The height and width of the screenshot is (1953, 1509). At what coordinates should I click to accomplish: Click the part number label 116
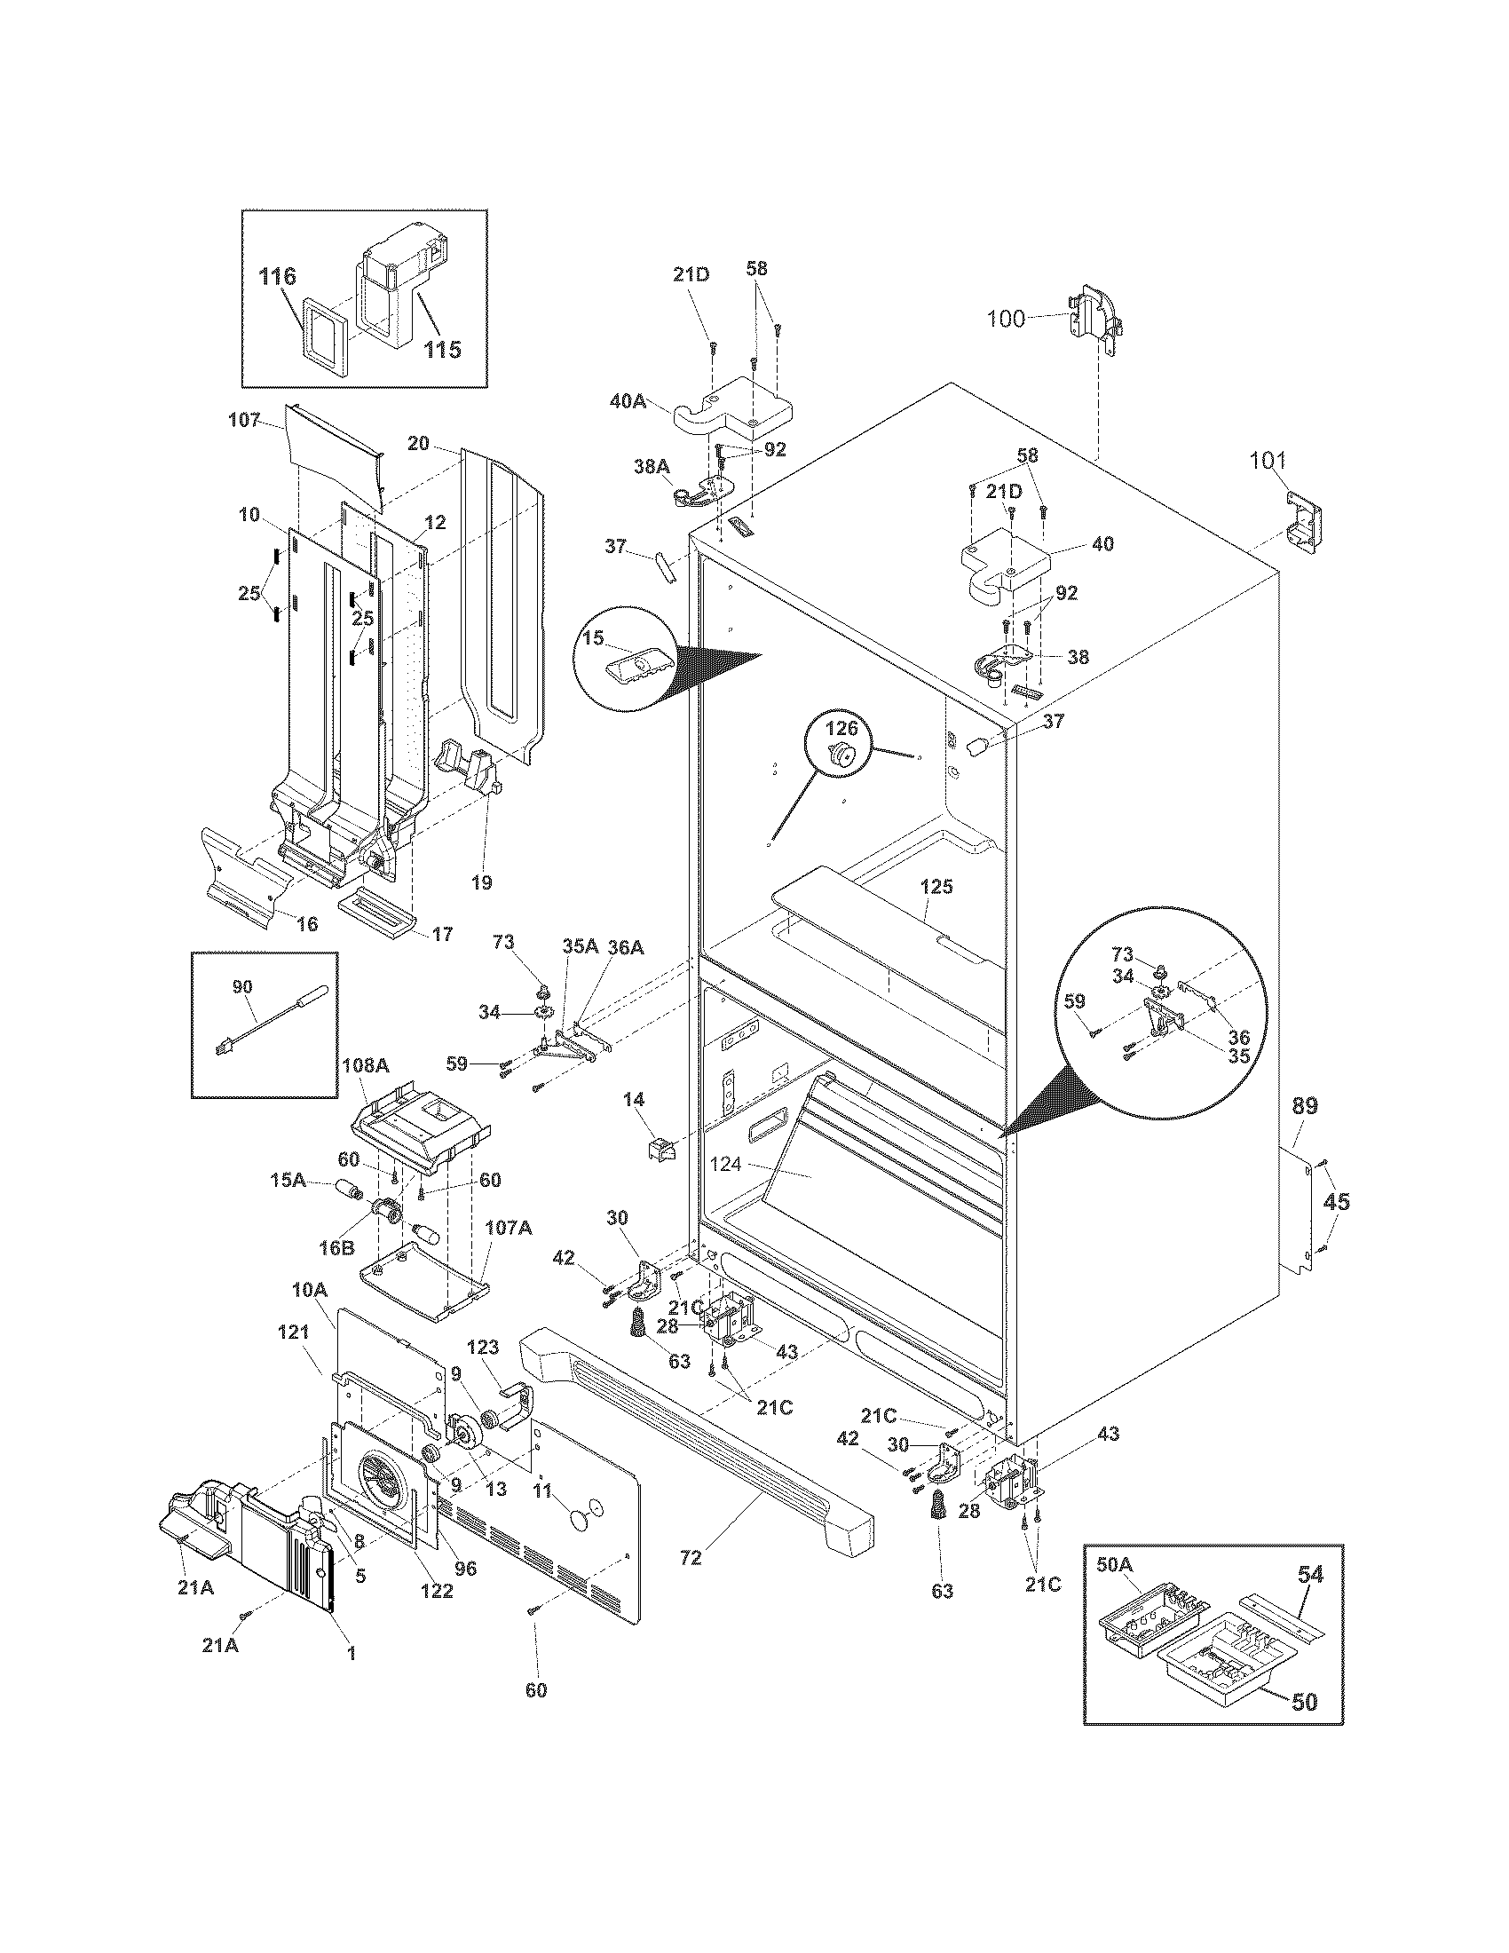[277, 276]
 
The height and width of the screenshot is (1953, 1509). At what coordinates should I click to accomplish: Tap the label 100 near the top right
[1006, 319]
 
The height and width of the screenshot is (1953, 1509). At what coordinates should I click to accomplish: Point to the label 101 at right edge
[1267, 461]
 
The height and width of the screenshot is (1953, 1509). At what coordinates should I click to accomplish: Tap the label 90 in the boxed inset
[242, 987]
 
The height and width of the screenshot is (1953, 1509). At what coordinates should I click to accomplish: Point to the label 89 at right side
[1304, 1106]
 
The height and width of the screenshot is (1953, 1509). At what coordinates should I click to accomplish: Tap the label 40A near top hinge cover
[628, 401]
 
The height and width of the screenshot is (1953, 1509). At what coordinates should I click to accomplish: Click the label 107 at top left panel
[244, 419]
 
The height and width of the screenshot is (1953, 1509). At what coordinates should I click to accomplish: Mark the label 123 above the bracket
[483, 1348]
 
